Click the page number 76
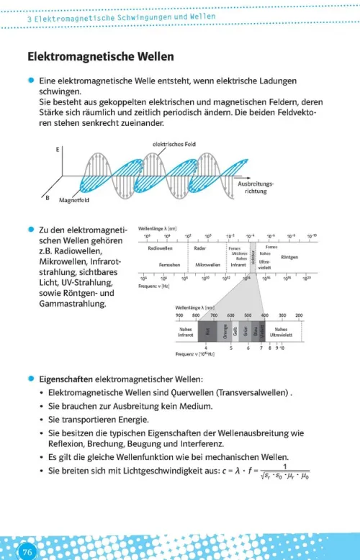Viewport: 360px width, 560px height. [27, 552]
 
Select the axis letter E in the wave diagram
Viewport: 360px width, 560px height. [56, 149]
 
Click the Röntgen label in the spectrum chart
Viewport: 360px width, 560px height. [289, 257]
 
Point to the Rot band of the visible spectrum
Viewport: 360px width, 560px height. [207, 332]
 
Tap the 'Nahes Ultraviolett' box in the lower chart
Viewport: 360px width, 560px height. [280, 332]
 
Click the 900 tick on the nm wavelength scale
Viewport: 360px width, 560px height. [179, 315]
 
